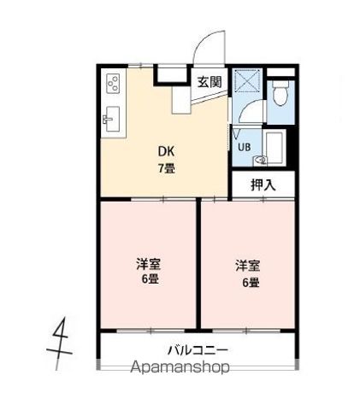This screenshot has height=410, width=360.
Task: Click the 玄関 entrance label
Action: [210, 82]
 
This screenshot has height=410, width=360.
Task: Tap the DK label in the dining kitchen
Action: [166, 151]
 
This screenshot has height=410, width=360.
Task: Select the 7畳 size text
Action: [167, 169]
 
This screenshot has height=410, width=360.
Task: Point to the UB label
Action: [245, 147]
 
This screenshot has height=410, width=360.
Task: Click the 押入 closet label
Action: [263, 184]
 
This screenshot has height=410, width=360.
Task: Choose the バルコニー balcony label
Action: [198, 350]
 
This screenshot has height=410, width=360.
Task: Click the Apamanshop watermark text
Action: [180, 367]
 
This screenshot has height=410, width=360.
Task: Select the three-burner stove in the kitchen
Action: [113, 83]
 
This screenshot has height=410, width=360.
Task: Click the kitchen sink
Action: [111, 119]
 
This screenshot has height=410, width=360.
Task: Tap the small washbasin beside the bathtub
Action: [260, 161]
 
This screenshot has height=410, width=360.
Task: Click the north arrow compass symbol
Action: [59, 343]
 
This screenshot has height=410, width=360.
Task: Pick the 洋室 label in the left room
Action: [149, 264]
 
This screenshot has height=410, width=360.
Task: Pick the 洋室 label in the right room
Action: [247, 266]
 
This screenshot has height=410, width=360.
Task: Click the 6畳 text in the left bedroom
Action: [150, 279]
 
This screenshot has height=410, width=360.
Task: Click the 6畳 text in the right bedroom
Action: [251, 283]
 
